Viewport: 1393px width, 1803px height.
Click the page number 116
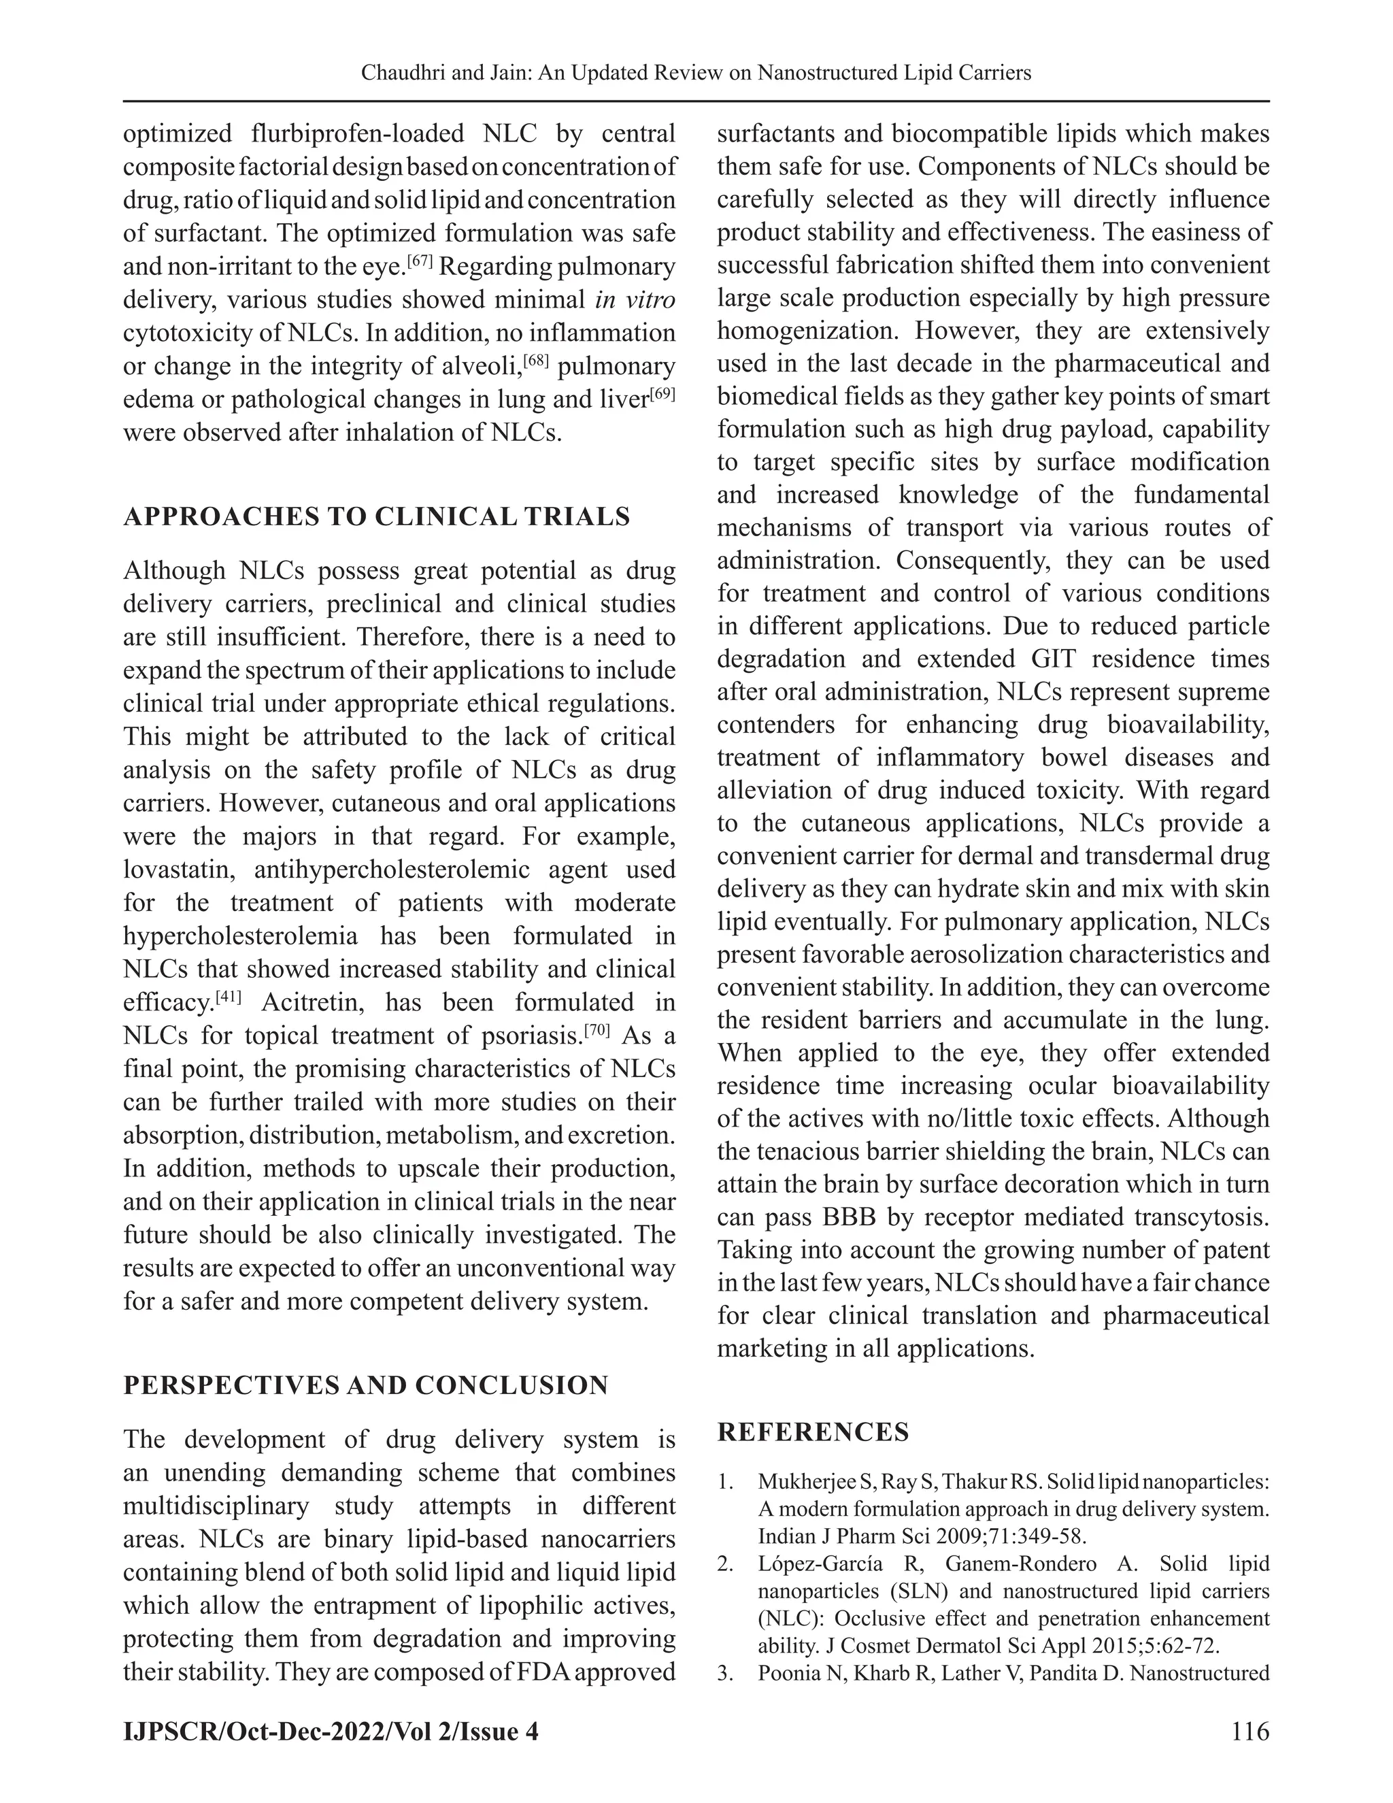(1249, 1730)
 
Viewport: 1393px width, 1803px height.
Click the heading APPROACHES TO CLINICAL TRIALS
(376, 517)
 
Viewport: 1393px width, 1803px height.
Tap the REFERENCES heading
(813, 1432)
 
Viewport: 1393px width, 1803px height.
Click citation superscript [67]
(420, 262)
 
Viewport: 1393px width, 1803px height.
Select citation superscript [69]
(662, 395)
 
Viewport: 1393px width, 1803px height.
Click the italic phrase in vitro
(635, 299)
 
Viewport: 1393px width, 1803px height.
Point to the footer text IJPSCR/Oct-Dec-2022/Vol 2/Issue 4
(330, 1731)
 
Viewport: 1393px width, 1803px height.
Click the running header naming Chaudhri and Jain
(696, 73)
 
